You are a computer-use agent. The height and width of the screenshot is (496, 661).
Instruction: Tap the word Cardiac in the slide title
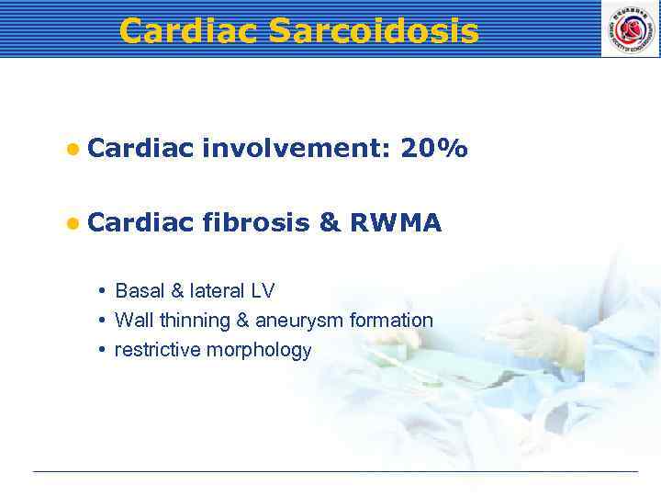click(189, 31)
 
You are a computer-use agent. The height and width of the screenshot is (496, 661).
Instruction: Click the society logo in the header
click(630, 28)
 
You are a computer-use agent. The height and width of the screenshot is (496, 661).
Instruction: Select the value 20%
click(434, 149)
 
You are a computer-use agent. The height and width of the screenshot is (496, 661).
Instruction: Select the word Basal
click(139, 291)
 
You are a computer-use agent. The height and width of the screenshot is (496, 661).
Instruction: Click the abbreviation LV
click(263, 291)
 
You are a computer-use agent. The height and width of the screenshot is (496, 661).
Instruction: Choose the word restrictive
click(158, 350)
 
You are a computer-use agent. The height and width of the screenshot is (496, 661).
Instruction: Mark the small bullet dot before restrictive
click(104, 350)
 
